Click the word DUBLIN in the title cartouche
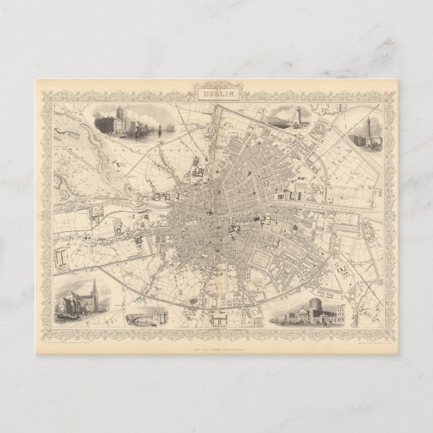[216, 95]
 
